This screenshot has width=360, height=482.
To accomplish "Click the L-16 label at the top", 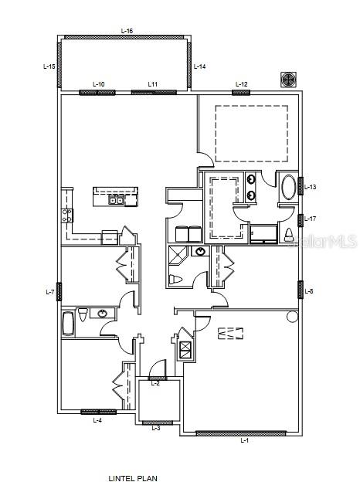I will pyautogui.click(x=127, y=30).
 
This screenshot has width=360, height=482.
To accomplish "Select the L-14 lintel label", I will pyautogui.click(x=199, y=67).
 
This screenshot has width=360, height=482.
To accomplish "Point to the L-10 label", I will pyautogui.click(x=99, y=83).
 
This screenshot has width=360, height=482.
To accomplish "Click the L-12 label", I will pyautogui.click(x=241, y=83).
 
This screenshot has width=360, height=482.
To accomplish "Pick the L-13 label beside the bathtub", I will pyautogui.click(x=310, y=187).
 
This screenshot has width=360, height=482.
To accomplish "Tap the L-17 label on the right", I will pyautogui.click(x=310, y=219).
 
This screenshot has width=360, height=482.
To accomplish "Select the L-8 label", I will pyautogui.click(x=309, y=291).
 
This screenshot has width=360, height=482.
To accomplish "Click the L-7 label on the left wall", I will pyautogui.click(x=50, y=292).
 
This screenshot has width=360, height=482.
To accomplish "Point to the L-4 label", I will pyautogui.click(x=97, y=421).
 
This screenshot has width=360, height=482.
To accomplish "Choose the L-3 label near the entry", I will pyautogui.click(x=155, y=427).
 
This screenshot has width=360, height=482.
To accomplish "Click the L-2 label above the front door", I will pyautogui.click(x=155, y=383).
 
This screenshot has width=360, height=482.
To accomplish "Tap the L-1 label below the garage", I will pyautogui.click(x=245, y=440).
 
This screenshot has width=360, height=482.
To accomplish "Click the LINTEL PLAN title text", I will pyautogui.click(x=133, y=479).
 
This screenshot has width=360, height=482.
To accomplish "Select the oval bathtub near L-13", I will pyautogui.click(x=288, y=188).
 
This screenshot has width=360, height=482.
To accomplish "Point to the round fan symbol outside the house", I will pyautogui.click(x=287, y=80).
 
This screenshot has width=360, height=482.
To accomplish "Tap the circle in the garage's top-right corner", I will pyautogui.click(x=292, y=317).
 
